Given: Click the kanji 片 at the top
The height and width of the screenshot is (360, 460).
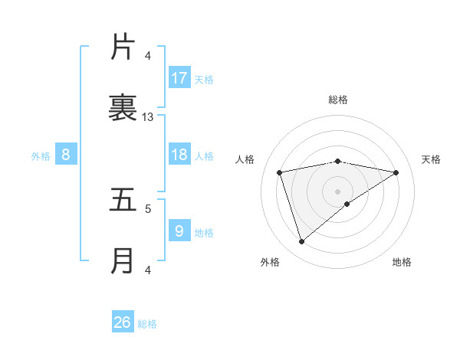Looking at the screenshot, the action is point(123,47).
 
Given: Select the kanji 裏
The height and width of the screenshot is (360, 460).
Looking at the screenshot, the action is point(123,108).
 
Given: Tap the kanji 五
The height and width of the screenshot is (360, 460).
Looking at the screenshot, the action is point(123,200).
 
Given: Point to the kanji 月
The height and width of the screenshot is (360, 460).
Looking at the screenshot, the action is point(123,261).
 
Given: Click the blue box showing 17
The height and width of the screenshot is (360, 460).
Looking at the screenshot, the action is point(179,77).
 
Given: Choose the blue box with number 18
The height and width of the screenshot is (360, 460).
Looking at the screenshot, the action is point(179,155).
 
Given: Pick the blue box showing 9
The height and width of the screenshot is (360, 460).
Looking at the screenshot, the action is point(179,231).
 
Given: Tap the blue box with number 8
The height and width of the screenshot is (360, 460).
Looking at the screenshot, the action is point(66,155).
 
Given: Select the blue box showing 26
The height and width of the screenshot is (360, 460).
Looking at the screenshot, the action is point(123,322).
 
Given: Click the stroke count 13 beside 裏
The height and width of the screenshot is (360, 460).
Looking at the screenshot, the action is point(148,117).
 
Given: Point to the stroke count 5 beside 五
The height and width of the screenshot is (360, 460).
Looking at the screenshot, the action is point(148,208).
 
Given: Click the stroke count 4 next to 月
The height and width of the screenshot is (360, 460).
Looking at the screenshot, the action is point(148,270).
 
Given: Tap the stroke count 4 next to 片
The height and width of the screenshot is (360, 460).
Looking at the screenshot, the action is point(148,56).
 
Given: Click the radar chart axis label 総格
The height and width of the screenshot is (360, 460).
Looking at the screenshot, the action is point(338,100).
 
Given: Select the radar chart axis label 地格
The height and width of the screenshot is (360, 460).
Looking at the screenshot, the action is point(402,262).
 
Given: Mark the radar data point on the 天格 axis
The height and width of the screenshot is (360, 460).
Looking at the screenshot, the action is point(396,172).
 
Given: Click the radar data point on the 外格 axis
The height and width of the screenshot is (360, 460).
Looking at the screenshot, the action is point(301,242).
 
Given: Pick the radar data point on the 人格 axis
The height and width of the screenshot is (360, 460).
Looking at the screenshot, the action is point(280,172).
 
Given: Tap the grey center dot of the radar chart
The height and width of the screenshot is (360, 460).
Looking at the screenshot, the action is point(338,191).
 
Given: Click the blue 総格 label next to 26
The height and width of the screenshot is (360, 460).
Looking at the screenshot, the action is point(147,324).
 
